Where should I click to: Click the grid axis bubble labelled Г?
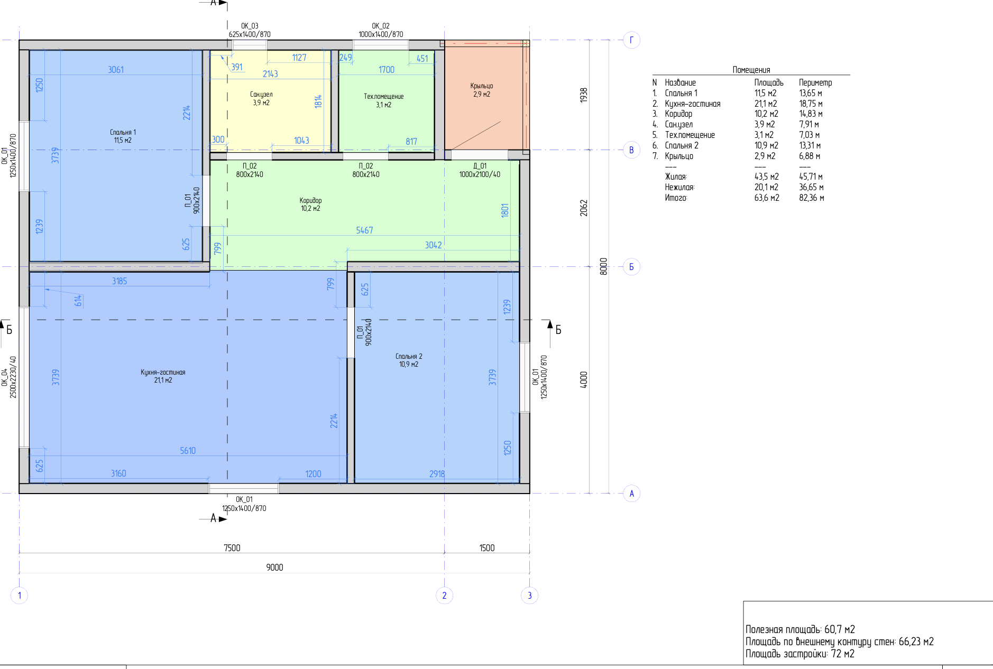[x=631, y=40]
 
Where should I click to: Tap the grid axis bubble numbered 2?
[x=444, y=596]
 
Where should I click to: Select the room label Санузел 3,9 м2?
[x=261, y=98]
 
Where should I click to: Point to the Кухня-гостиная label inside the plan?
[x=163, y=372]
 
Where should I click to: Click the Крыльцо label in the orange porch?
[x=481, y=86]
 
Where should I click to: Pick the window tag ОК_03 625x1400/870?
[x=250, y=30]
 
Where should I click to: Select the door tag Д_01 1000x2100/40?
[x=480, y=170]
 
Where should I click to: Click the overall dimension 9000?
[x=274, y=568]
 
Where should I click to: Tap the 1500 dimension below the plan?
[x=487, y=548]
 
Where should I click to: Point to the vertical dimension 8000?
[x=603, y=266]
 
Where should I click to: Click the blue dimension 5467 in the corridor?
[x=364, y=230]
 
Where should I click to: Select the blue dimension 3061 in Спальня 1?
[x=116, y=70]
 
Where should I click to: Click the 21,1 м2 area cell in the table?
[x=766, y=104]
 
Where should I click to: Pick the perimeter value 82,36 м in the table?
[x=812, y=198]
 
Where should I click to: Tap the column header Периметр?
[x=815, y=82]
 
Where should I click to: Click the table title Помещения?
[x=751, y=70]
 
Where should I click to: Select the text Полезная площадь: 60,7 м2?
[x=800, y=629]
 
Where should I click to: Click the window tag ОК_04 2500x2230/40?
[x=9, y=377]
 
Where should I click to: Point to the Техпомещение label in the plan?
[x=384, y=96]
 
